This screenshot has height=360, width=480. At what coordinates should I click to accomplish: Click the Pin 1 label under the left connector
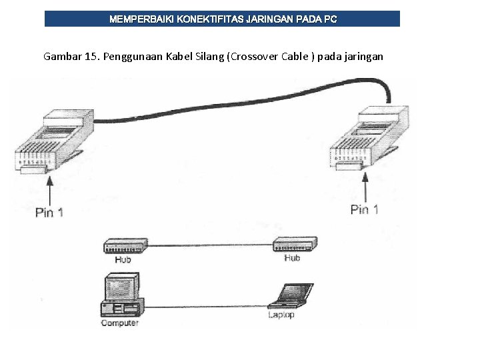pos(50,213)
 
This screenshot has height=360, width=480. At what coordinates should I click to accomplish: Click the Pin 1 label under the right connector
pos(365,209)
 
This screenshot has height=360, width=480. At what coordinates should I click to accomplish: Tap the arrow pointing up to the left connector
pos(50,189)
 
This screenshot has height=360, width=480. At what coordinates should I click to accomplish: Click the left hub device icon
pos(123,246)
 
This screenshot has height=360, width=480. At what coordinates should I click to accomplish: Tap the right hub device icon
pos(294,245)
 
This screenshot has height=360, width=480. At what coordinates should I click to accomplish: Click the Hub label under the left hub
pos(123,259)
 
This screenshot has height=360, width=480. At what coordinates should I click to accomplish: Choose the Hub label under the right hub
pos(292,257)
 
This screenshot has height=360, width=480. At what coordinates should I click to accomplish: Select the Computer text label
pos(119,323)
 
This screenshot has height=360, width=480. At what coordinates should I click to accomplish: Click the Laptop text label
pos(281,315)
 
